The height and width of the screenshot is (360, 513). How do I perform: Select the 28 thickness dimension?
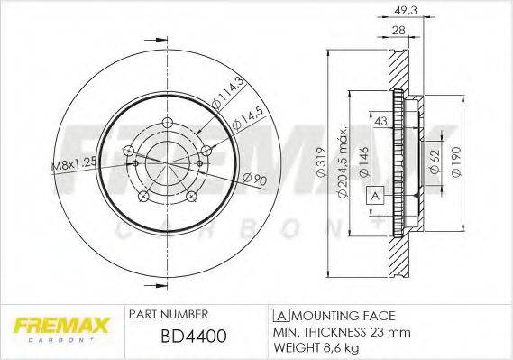click(x=398, y=30)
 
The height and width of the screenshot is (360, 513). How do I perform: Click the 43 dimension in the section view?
click(x=380, y=122)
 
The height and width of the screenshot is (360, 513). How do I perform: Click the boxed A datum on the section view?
click(x=373, y=196)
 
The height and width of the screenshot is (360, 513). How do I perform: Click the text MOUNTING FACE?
click(x=342, y=316)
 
